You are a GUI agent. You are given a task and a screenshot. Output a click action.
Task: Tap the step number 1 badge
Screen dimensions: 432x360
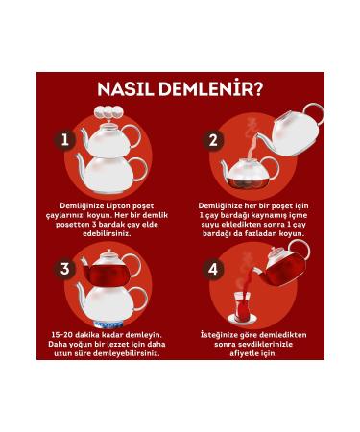pyautogui.click(x=65, y=140)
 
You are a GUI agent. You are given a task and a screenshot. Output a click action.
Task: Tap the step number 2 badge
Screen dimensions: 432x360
pyautogui.click(x=213, y=140)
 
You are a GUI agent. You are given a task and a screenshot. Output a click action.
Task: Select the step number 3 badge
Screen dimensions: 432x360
pyautogui.click(x=65, y=269)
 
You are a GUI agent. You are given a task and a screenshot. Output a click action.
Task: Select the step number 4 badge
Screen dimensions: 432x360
pyautogui.click(x=213, y=269)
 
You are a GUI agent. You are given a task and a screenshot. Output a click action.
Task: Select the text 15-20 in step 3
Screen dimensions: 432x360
pyautogui.click(x=66, y=334)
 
